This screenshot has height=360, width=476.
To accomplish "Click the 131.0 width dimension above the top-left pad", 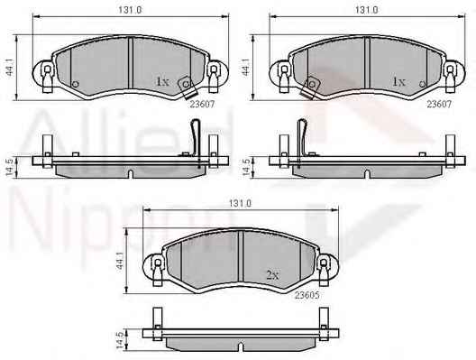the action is [130, 10].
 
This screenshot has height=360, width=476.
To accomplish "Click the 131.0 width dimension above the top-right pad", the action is [366, 10].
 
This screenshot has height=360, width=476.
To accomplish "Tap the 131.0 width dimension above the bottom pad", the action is [240, 203].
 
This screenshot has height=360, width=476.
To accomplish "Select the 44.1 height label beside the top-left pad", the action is [10, 71].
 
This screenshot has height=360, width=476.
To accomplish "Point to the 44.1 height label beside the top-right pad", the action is [246, 71].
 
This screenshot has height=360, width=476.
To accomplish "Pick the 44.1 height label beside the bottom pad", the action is [120, 262].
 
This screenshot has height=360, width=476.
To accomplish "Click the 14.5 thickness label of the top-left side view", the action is [10, 167].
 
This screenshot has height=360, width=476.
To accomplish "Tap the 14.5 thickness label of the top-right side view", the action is [246, 167].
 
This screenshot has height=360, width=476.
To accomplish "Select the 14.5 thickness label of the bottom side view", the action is [121, 340].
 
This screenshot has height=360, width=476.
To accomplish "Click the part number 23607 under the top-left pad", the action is [202, 104].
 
